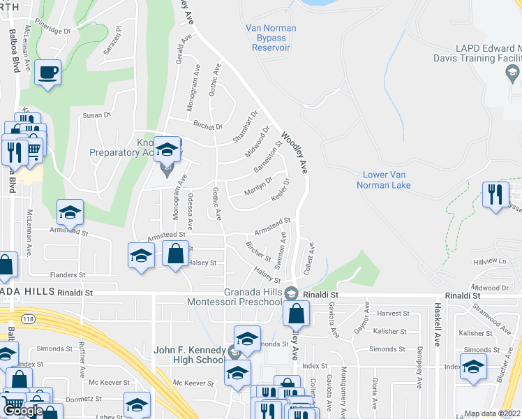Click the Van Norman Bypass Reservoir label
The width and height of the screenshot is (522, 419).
click(271, 38)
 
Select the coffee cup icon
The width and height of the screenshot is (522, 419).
click(47, 73)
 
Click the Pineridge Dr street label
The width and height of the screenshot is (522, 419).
click(56, 31)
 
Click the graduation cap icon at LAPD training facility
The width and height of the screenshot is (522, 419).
click(513, 72)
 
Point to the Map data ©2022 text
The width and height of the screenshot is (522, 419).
click(493, 413)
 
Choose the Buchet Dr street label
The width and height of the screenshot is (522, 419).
click(208, 126)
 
